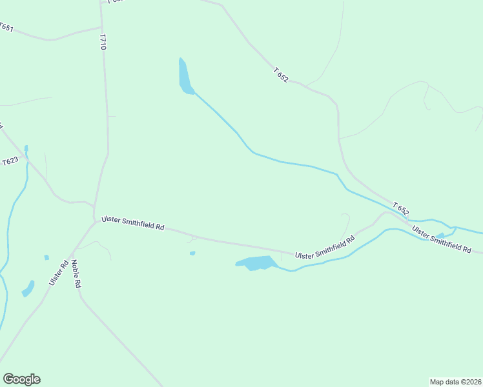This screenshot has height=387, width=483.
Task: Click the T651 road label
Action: pyautogui.click(x=6, y=28)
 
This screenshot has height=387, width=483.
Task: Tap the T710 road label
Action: pyautogui.click(x=102, y=43)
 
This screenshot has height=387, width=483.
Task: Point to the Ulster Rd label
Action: pyautogui.click(x=58, y=273)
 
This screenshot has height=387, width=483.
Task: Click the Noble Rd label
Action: pyautogui.click(x=76, y=273)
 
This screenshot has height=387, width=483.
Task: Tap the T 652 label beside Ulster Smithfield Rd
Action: pyautogui.click(x=400, y=210)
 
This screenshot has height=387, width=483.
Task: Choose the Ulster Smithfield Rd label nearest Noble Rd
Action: pyautogui.click(x=133, y=224)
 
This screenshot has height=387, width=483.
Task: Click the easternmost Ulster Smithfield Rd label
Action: pyautogui.click(x=442, y=239)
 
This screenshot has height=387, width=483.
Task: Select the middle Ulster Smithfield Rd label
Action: pyautogui.click(x=325, y=248)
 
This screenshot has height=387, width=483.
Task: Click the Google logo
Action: pyautogui.click(x=21, y=379)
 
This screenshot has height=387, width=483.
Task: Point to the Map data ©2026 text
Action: pyautogui.click(x=455, y=381)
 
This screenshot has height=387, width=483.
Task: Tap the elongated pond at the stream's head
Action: pyautogui.click(x=185, y=77)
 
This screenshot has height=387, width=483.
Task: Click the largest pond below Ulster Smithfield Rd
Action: pyautogui.click(x=257, y=263)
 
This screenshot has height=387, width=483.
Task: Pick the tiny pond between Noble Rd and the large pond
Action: pyautogui.click(x=192, y=253)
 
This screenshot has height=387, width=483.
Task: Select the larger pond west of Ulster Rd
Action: pyautogui.click(x=28, y=288)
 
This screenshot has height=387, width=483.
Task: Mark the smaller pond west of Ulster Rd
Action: pyautogui.click(x=46, y=257)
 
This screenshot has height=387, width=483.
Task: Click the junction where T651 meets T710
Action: pyautogui.click(x=101, y=28)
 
